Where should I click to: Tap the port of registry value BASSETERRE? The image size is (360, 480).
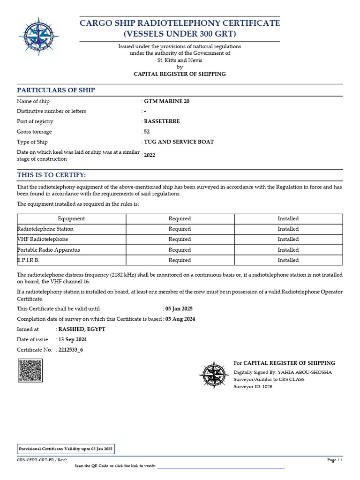[162, 121]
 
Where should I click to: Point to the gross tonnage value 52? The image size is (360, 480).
[147, 132]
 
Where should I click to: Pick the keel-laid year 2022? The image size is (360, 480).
[150, 155]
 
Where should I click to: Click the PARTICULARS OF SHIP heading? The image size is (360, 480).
[56, 90]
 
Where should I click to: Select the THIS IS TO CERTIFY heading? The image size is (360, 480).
[52, 175]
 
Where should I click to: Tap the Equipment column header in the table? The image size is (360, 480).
[71, 218]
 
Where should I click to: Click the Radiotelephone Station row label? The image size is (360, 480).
[45, 229]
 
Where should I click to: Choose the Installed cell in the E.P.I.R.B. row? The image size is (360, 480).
[288, 260]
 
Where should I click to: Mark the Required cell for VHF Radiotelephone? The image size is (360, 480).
[180, 239]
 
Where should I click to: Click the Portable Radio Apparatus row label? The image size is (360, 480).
[48, 250]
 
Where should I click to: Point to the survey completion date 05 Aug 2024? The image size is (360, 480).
[180, 319]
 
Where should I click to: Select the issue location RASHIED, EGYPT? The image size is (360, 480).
[82, 329]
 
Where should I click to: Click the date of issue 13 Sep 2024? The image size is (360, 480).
[73, 339]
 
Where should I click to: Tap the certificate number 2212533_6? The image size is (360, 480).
[71, 350]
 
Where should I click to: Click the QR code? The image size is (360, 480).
[30, 370]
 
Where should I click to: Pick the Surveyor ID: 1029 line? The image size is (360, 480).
[253, 387]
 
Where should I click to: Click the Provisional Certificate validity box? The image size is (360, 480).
[66, 449]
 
